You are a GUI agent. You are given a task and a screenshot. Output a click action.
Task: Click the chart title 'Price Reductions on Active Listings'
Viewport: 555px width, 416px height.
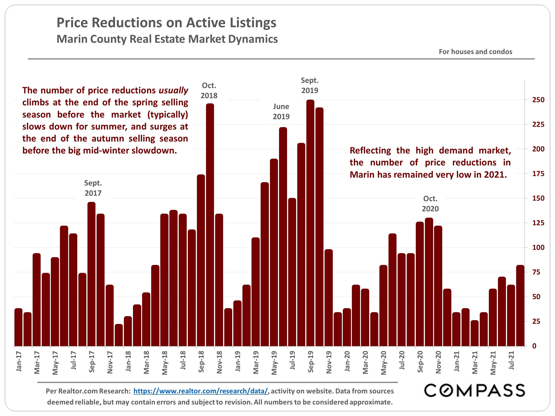pyautogui.click(x=166, y=23)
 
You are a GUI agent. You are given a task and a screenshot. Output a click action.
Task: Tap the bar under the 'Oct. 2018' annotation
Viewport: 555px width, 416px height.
pyautogui.click(x=210, y=225)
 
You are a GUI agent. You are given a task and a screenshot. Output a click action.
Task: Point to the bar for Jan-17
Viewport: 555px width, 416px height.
pyautogui.click(x=19, y=327)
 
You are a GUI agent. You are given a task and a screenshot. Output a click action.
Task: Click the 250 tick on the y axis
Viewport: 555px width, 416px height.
pyautogui.click(x=538, y=100)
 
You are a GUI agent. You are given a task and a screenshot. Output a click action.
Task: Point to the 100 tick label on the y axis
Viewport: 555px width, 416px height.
pyautogui.click(x=538, y=248)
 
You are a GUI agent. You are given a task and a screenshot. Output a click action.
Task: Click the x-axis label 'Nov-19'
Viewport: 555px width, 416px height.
pyautogui.click(x=329, y=362)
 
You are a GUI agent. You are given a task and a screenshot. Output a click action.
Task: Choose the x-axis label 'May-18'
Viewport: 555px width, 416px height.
pyautogui.click(x=165, y=363)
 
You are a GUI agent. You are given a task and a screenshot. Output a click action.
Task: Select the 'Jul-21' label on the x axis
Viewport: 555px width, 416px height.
pyautogui.click(x=511, y=360)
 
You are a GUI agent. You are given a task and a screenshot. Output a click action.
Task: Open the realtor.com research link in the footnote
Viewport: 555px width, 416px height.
pyautogui.click(x=200, y=391)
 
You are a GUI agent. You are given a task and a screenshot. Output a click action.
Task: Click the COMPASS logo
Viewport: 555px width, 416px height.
pyautogui.click(x=474, y=390)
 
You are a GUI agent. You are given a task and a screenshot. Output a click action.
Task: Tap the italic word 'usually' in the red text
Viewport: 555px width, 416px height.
pyautogui.click(x=173, y=90)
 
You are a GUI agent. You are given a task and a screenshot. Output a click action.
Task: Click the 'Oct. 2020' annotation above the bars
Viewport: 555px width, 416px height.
pyautogui.click(x=430, y=204)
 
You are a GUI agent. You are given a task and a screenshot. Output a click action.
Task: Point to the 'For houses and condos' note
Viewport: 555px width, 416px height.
pyautogui.click(x=475, y=52)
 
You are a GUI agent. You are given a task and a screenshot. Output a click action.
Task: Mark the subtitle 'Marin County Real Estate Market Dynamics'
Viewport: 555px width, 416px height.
pyautogui.click(x=167, y=39)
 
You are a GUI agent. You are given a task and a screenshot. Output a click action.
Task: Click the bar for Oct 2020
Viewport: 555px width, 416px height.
pyautogui.click(x=429, y=282)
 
